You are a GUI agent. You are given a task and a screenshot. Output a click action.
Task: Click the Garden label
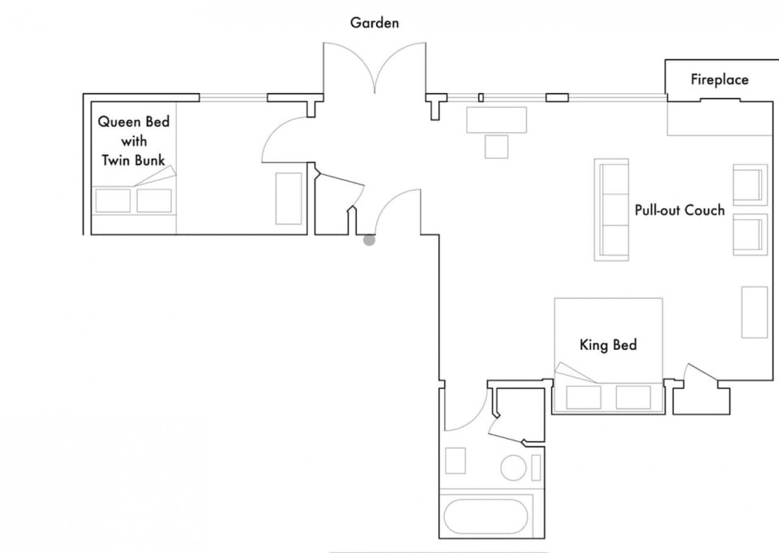(374, 23)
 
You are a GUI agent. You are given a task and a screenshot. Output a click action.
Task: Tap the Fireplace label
(719, 80)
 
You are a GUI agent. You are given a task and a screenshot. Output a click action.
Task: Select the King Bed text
(608, 345)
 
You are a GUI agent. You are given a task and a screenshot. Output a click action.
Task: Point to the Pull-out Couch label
(680, 210)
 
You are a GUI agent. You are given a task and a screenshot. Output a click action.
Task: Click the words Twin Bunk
(133, 160)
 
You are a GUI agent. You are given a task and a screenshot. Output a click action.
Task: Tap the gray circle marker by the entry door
(369, 240)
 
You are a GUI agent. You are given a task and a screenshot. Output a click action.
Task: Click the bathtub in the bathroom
(486, 516)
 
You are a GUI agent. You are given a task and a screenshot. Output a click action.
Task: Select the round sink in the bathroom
(513, 468)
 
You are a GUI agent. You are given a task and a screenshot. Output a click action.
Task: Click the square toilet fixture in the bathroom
(455, 461)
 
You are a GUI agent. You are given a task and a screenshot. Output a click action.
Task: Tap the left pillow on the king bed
(584, 397)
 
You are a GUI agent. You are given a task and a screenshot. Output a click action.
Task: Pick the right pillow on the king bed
(634, 397)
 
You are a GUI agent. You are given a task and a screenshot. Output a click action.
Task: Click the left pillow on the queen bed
(113, 201)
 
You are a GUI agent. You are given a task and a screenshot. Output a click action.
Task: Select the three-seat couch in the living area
(612, 210)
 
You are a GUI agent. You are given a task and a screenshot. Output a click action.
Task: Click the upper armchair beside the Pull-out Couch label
(750, 185)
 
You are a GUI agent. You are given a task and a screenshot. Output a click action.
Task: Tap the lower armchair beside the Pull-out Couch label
(750, 235)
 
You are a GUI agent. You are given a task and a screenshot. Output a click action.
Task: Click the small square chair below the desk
(496, 147)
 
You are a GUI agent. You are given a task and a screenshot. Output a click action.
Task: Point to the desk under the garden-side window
(496, 120)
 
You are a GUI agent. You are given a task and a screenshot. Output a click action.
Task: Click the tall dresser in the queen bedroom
(288, 198)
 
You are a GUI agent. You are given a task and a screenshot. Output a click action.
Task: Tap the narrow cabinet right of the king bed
(754, 312)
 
